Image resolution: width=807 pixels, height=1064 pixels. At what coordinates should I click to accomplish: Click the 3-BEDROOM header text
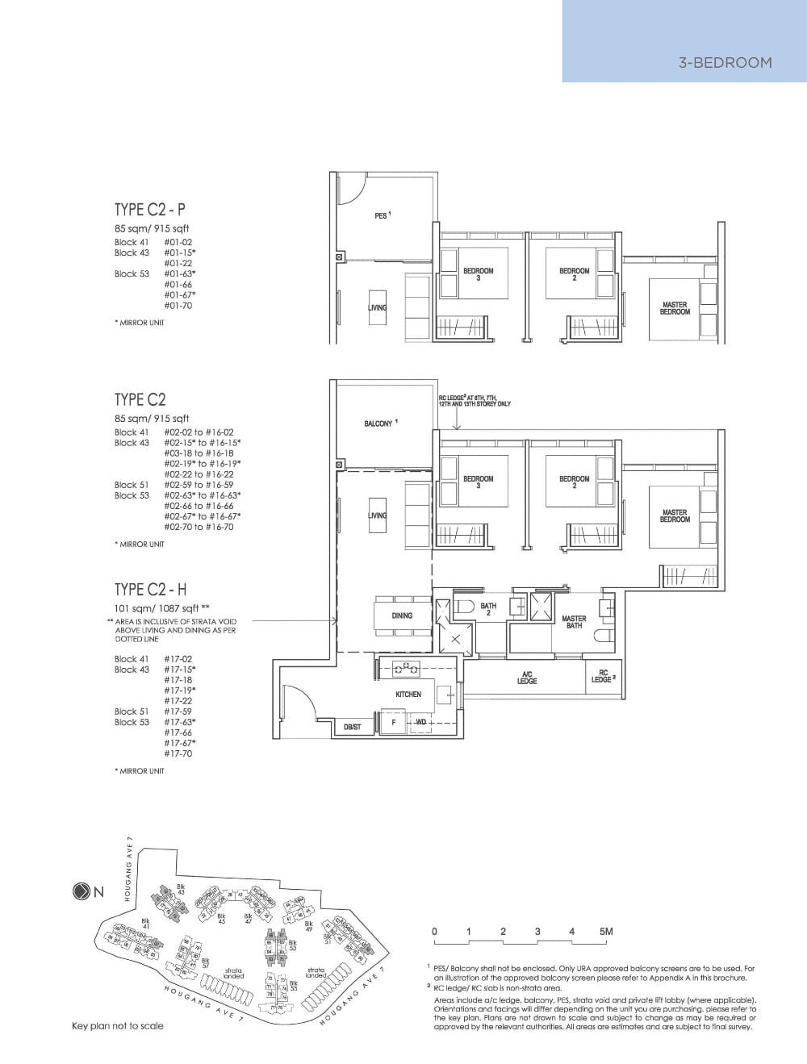(725, 62)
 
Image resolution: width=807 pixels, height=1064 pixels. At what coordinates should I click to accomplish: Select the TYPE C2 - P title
(149, 210)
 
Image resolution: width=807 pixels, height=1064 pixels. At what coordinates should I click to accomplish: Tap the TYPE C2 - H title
(151, 590)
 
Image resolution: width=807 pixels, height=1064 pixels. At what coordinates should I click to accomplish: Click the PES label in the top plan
(382, 216)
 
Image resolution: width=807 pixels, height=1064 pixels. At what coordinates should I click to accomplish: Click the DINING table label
(401, 615)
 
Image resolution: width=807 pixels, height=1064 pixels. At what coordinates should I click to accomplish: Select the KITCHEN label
(408, 694)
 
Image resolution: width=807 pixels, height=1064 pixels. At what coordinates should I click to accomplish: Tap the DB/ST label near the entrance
(353, 727)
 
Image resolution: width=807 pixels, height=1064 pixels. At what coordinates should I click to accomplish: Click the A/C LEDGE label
(527, 678)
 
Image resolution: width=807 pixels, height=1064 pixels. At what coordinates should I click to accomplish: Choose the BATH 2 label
(488, 609)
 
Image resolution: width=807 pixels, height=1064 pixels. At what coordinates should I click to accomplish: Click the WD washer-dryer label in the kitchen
(420, 723)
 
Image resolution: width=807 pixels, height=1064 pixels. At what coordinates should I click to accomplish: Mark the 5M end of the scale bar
(606, 932)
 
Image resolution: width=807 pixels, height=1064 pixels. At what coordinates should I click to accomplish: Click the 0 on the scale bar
(434, 932)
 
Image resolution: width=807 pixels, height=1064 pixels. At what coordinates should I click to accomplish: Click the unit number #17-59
(178, 711)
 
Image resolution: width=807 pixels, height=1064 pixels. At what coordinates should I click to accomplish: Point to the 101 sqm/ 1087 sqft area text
(161, 608)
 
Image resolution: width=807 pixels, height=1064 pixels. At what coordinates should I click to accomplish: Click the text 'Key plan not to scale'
(117, 1026)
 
